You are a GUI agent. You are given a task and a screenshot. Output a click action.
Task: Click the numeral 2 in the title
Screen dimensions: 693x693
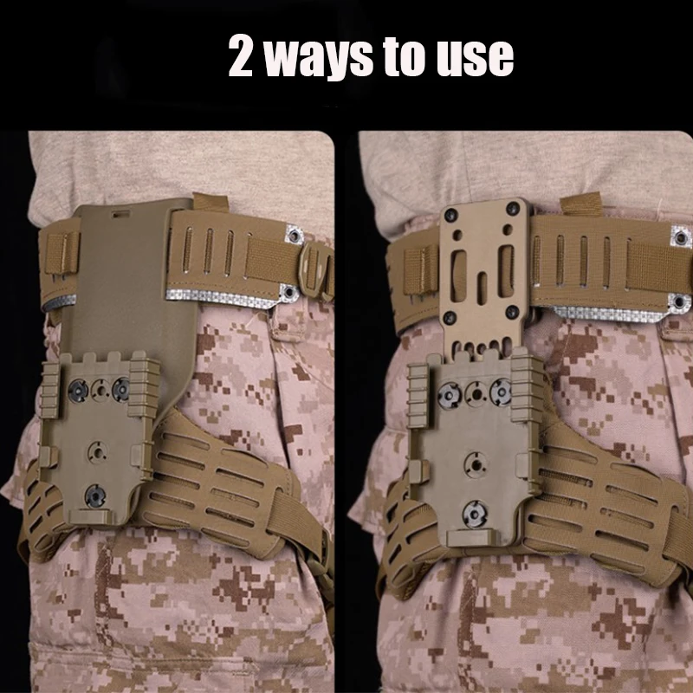241,55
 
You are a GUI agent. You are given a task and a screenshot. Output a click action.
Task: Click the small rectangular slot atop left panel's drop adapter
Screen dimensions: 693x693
120,214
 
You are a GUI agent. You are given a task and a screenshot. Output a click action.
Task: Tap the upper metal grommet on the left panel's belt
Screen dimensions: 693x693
294,235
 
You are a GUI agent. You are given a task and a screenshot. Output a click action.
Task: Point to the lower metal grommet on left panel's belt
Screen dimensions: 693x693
289,291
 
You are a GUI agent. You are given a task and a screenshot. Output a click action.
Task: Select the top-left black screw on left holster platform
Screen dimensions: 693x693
78,391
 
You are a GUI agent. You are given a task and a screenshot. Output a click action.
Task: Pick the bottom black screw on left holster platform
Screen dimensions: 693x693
95,495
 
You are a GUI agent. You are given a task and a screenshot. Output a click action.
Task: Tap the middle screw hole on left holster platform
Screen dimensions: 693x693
97,451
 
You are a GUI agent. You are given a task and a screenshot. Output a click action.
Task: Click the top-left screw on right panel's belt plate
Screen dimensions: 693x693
451,215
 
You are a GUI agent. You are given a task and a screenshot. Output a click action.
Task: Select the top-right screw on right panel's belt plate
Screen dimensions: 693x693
513,209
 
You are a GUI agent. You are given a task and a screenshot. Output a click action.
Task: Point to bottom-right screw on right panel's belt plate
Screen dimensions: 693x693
512,312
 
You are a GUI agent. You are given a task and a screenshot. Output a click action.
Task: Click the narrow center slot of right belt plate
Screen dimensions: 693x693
483,288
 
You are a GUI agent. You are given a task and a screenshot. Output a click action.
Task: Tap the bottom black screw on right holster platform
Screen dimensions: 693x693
475,514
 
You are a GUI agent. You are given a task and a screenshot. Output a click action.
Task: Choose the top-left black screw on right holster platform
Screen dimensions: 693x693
450,396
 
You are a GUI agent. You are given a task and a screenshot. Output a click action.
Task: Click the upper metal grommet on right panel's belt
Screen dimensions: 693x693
681,237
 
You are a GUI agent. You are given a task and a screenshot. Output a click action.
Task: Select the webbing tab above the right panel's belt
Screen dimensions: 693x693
581,204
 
